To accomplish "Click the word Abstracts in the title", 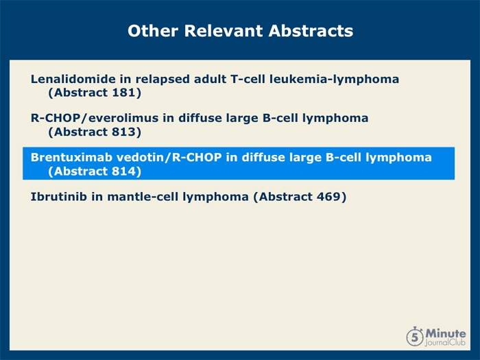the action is tap(311, 31).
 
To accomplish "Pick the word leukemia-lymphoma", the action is tap(335, 80).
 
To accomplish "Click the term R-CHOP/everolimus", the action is tap(95, 118).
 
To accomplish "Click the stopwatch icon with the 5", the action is tap(415, 337).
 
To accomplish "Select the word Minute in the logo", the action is tap(446, 333).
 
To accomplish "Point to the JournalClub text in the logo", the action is tap(445, 343).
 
